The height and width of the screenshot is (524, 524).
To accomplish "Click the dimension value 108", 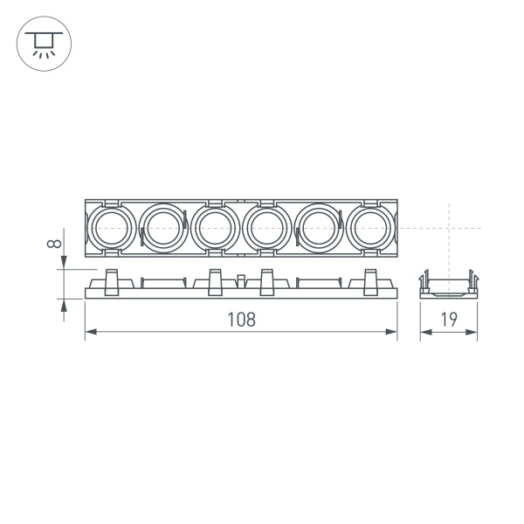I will [241, 320].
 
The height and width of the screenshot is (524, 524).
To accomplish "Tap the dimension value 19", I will [449, 320].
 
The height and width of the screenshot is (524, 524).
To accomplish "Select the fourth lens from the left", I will [265, 229].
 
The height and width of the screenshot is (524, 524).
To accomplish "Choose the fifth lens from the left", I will [317, 229].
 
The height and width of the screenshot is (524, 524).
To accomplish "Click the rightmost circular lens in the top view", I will [370, 229].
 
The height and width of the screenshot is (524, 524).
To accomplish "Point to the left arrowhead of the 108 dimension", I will [90, 332].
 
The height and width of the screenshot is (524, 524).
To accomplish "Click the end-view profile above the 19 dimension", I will [449, 286].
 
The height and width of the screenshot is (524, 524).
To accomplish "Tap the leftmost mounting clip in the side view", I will [111, 282].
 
